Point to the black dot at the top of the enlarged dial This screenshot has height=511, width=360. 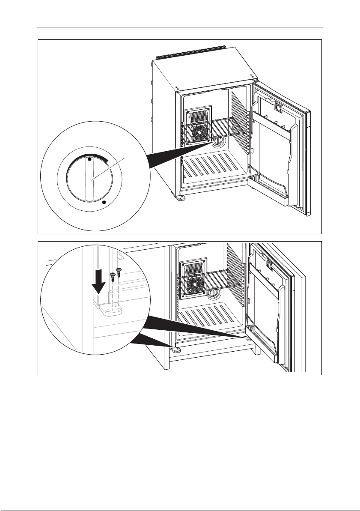89,159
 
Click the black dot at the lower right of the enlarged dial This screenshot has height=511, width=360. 104,200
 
